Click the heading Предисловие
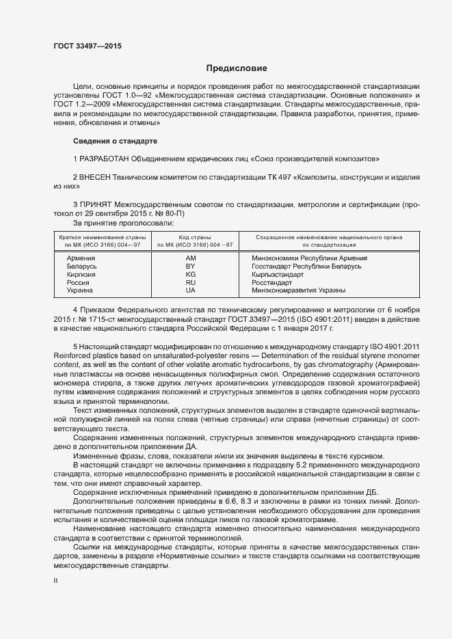(x=237, y=68)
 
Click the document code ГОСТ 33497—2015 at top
(x=82, y=46)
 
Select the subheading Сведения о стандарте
(x=115, y=141)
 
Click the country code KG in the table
(x=191, y=274)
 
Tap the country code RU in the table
(x=191, y=282)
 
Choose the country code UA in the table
(x=191, y=290)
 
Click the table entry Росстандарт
(x=272, y=282)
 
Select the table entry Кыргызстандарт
(x=277, y=274)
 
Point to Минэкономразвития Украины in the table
(x=299, y=290)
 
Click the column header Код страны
(x=194, y=236)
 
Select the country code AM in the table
(x=191, y=258)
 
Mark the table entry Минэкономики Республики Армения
(x=310, y=258)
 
